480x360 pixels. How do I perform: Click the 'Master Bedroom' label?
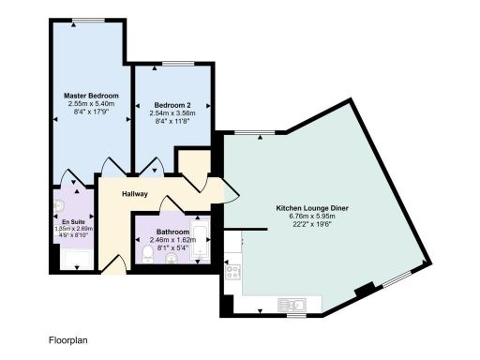[90, 96]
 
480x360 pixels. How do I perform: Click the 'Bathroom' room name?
[172, 231]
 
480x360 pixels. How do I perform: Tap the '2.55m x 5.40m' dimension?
[90, 104]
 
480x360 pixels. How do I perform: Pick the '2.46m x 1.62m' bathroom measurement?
[172, 239]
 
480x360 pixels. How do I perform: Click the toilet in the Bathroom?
[148, 254]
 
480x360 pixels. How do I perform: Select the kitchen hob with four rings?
[232, 273]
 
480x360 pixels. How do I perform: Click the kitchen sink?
[292, 304]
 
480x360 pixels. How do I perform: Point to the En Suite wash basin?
[59, 204]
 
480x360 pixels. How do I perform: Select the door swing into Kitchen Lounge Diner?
[230, 192]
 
